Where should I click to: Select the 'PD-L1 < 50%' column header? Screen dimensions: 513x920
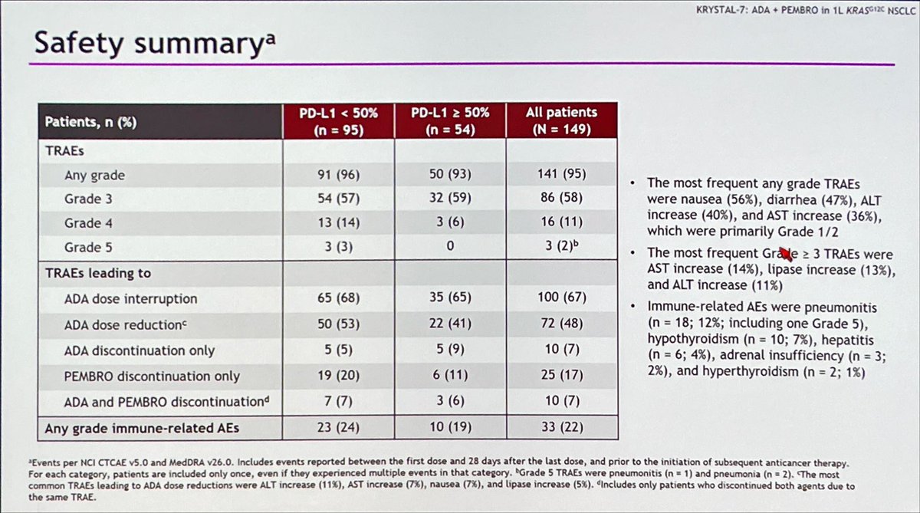click(x=338, y=120)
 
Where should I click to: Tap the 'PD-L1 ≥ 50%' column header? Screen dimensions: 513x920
click(x=450, y=120)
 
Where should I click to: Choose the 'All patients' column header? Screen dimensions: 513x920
click(x=561, y=120)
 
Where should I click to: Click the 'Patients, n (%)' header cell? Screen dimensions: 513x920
click(x=90, y=121)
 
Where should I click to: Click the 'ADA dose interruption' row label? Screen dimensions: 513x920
click(x=131, y=298)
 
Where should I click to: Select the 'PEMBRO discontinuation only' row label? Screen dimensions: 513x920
click(x=153, y=376)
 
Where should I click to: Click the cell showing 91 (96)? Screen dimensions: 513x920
click(x=338, y=175)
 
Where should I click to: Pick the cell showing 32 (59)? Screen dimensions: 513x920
click(x=450, y=199)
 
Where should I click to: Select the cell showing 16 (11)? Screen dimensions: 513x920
click(x=561, y=223)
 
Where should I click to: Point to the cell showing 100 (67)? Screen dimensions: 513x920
click(x=561, y=298)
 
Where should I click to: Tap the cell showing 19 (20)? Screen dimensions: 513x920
click(x=338, y=376)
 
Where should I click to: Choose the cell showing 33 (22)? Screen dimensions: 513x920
click(x=561, y=427)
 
